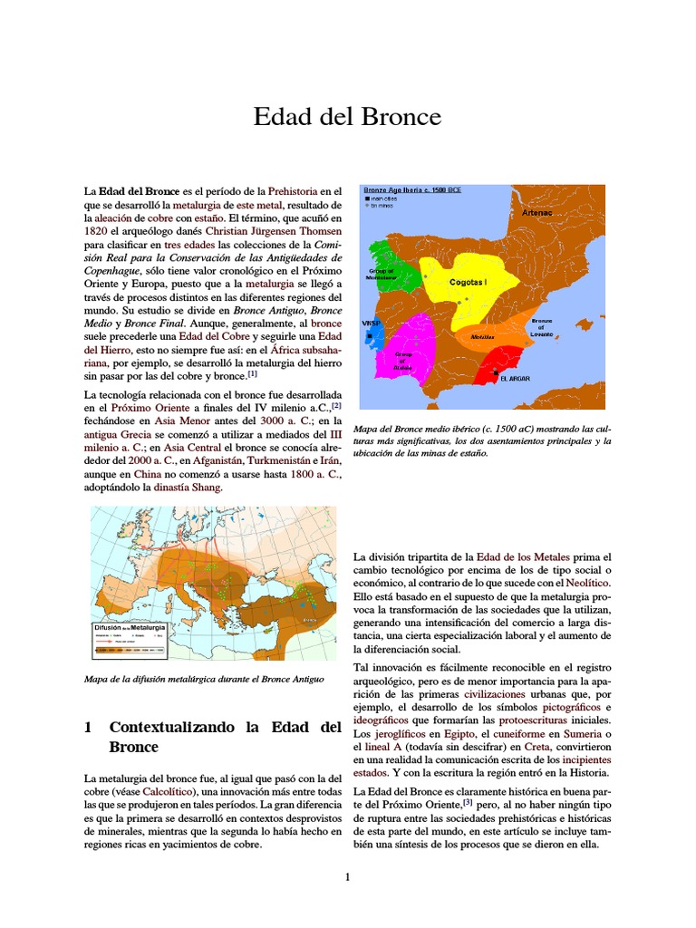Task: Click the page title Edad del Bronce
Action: pyautogui.click(x=347, y=118)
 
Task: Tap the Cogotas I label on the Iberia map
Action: pyautogui.click(x=468, y=283)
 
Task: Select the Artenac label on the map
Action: pyautogui.click(x=536, y=212)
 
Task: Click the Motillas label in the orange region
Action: pyautogui.click(x=482, y=336)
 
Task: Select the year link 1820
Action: pyautogui.click(x=96, y=231)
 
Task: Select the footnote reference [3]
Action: pyautogui.click(x=468, y=802)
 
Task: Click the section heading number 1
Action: pyautogui.click(x=89, y=727)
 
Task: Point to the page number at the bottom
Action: pyautogui.click(x=347, y=876)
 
